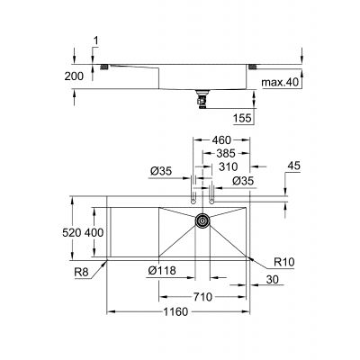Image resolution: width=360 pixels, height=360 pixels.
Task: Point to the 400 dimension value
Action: click(x=94, y=232)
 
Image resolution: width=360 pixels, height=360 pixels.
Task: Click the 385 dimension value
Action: click(x=224, y=154)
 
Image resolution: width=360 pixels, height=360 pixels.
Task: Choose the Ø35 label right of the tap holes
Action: click(x=244, y=182)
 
